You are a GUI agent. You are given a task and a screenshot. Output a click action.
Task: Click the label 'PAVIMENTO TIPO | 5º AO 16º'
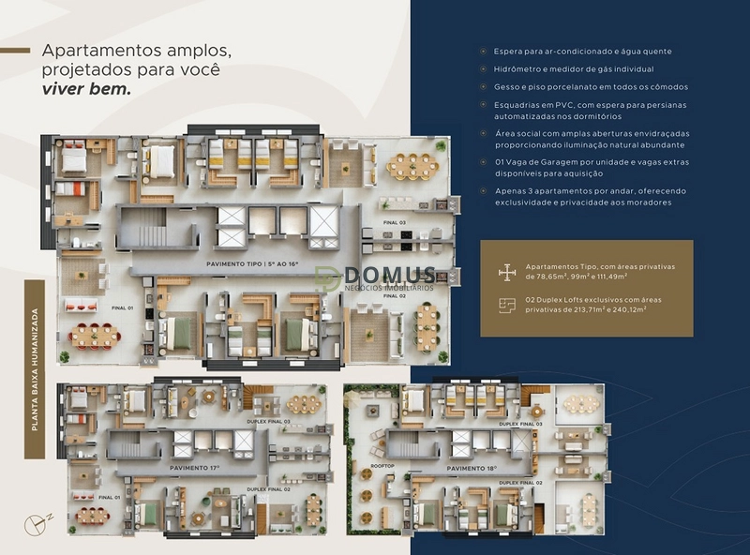pos(252,264)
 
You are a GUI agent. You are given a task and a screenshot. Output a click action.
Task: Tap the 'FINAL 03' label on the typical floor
pos(395,222)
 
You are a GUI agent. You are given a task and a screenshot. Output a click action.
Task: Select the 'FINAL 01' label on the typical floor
pos(124,307)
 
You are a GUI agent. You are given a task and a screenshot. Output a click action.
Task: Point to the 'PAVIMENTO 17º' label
pos(195,466)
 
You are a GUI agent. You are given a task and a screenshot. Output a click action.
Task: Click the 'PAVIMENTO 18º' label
pos(472,467)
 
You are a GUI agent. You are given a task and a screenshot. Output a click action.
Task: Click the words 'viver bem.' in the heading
pos(86,91)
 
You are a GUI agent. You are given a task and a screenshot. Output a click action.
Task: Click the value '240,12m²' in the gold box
pos(622,308)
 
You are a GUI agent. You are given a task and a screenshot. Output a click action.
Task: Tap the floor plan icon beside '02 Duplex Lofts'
pos(506,303)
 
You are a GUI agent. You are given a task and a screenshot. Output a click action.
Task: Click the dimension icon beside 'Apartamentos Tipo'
pos(506,272)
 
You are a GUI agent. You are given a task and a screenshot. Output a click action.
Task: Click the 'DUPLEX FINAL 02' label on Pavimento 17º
pos(268,489)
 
